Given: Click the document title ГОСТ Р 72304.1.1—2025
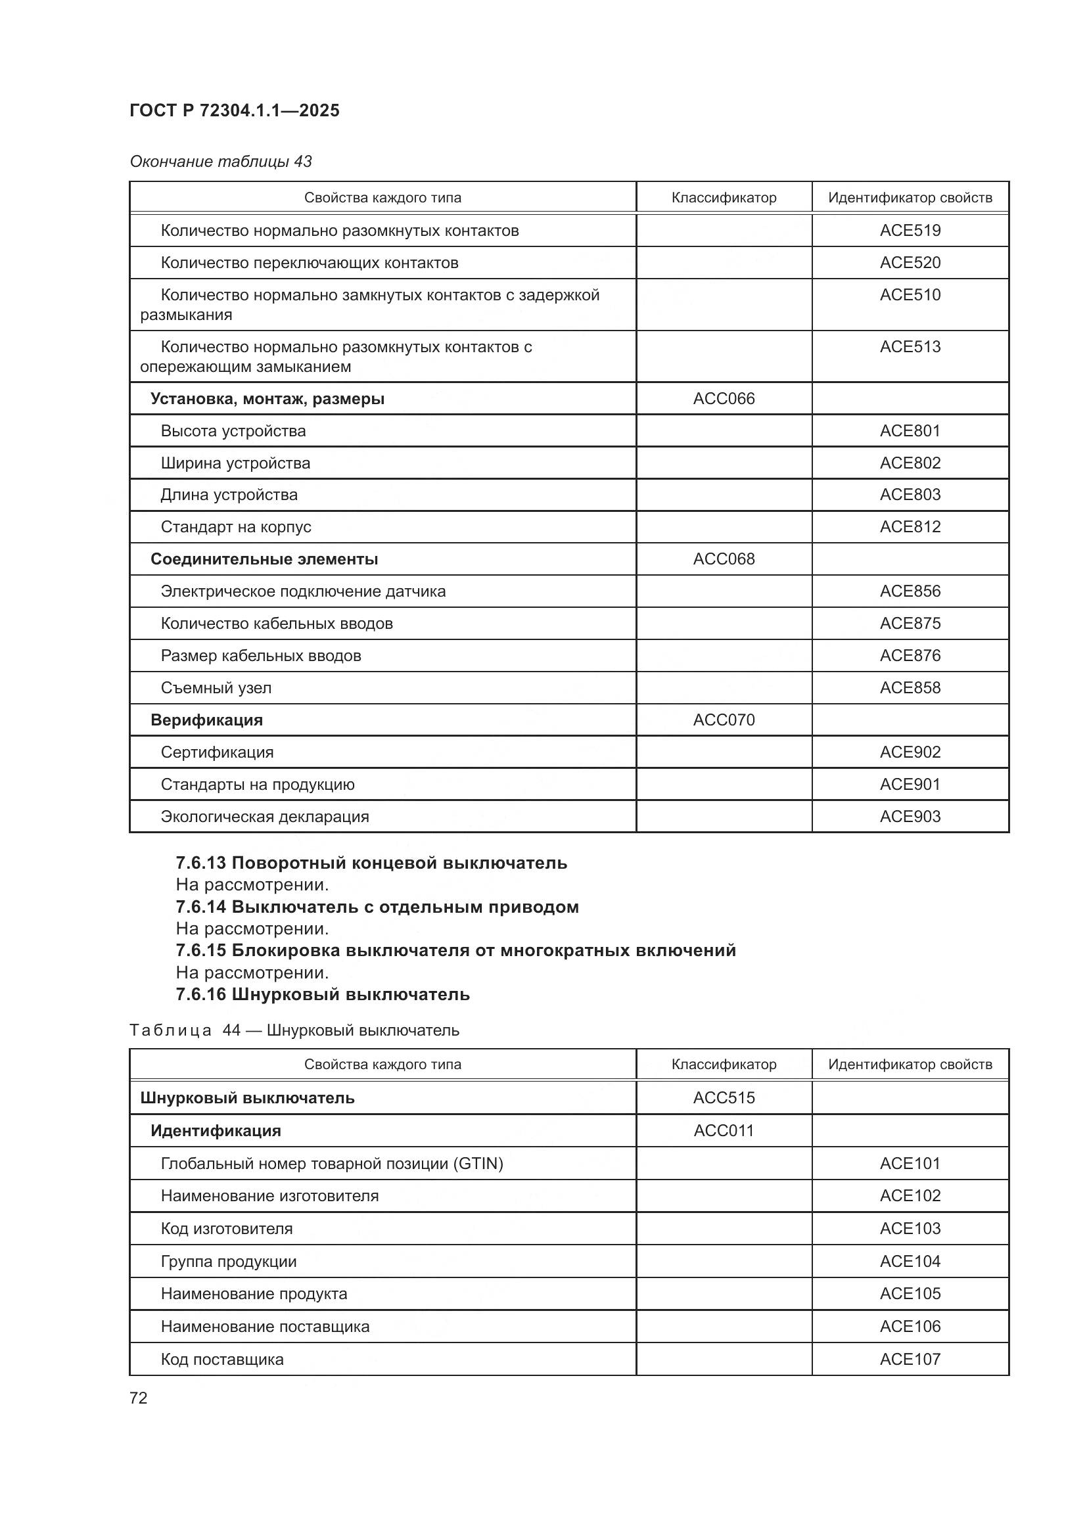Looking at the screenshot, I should click(234, 110).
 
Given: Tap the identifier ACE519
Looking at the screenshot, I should click(910, 230).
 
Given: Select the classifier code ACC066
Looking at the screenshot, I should click(724, 398).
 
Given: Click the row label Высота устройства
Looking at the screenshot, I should click(233, 430).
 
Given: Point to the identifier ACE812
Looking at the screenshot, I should click(910, 527).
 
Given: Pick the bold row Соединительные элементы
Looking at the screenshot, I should click(264, 559).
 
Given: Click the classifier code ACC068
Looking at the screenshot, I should click(724, 559).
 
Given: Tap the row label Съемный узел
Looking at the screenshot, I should click(216, 687).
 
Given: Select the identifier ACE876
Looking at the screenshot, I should click(910, 655).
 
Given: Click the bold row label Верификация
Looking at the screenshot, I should click(206, 720).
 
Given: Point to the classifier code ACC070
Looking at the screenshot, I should click(724, 720).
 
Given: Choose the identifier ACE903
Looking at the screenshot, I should click(910, 816).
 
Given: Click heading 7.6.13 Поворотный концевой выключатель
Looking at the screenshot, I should click(371, 863).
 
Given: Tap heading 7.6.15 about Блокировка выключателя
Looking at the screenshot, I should click(455, 950).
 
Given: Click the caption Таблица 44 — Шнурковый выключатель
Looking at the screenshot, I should click(294, 1030).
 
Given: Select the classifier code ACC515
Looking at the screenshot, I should click(724, 1098).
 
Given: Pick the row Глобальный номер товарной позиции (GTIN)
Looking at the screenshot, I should click(331, 1164).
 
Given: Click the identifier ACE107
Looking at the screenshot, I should click(910, 1359).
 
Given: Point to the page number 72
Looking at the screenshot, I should click(139, 1398).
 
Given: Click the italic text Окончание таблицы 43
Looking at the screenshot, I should click(221, 162).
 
